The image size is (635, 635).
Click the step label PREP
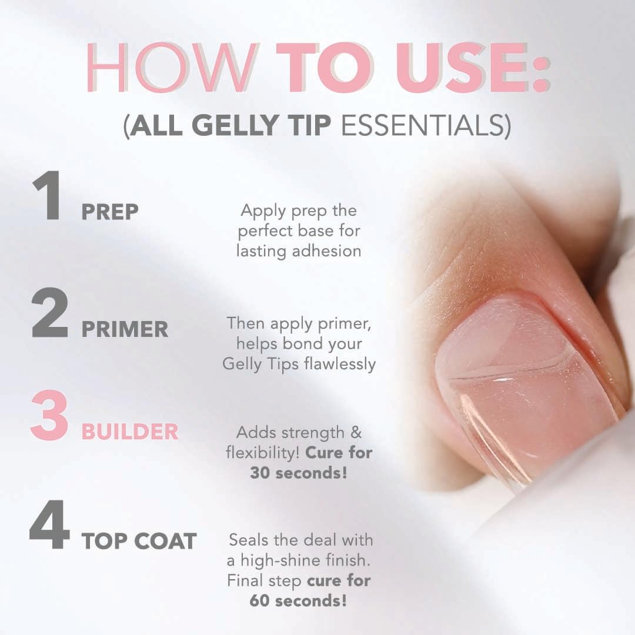[x=110, y=212]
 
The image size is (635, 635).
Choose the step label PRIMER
[x=125, y=330]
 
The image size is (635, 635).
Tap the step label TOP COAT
[x=139, y=542]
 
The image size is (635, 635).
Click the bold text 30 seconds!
[x=298, y=472]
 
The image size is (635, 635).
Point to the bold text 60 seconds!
[x=298, y=601]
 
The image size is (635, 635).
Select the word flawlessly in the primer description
[x=340, y=365]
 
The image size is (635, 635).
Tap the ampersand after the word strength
[x=356, y=433]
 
